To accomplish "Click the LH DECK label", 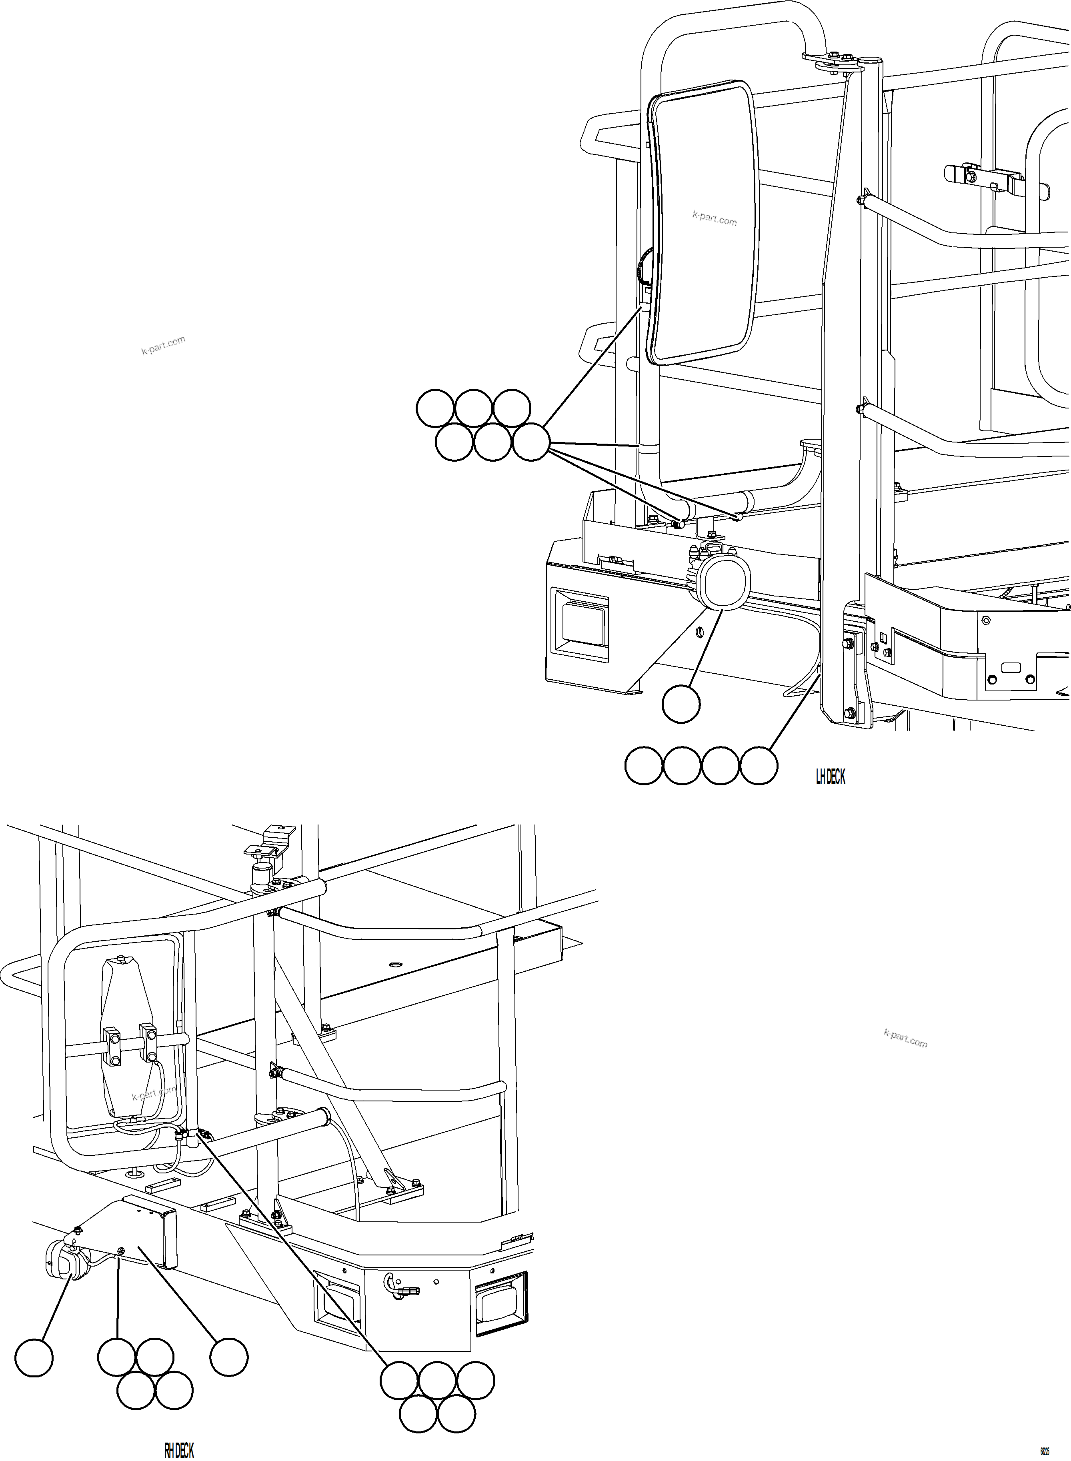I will click(x=830, y=777).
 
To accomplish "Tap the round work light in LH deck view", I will click(x=724, y=582).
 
